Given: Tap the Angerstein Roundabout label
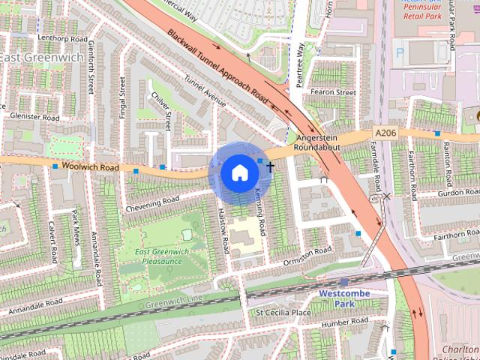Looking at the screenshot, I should click(x=318, y=143).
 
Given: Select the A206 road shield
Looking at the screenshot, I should click(x=385, y=133).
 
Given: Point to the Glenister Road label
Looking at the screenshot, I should click(x=34, y=117).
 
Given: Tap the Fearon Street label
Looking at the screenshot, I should click(x=335, y=92).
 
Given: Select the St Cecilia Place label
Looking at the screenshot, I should click(x=283, y=312).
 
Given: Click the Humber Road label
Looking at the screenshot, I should click(x=339, y=324).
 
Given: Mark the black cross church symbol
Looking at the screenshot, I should click(x=270, y=166).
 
